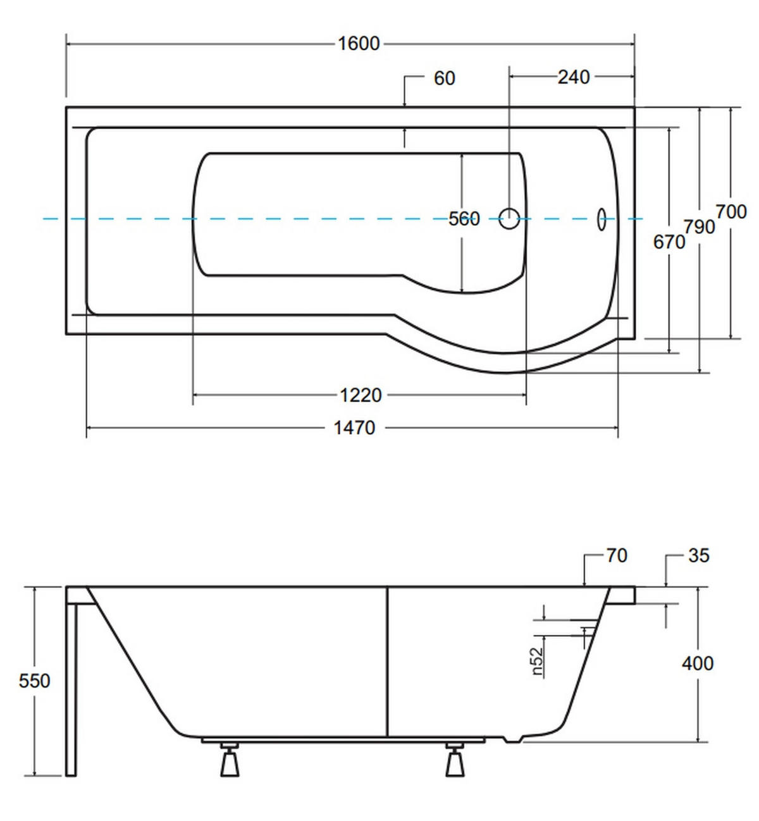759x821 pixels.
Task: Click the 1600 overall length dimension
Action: click(x=359, y=44)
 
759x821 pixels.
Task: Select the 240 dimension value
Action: click(x=574, y=77)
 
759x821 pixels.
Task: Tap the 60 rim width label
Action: click(x=445, y=78)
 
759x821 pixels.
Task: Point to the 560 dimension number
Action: click(x=464, y=219)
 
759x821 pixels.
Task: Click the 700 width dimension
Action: click(x=731, y=212)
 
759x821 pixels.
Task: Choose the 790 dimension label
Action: click(x=700, y=227)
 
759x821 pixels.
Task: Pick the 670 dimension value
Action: click(x=669, y=242)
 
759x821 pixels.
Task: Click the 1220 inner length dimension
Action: click(x=361, y=395)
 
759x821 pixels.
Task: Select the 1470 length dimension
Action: click(x=354, y=428)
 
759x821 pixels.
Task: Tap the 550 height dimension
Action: click(x=34, y=681)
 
